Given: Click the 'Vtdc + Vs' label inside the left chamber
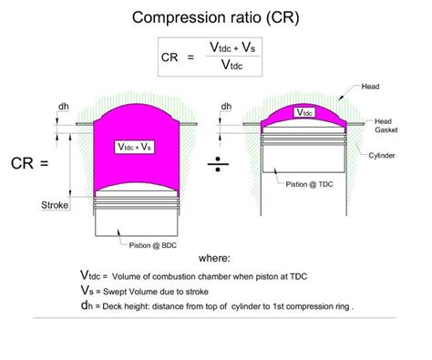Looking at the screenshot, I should tap(136, 147).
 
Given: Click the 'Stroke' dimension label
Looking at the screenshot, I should tap(56, 206).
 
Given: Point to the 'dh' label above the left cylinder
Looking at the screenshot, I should tap(63, 107).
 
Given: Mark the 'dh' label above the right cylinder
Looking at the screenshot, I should tap(225, 107).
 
